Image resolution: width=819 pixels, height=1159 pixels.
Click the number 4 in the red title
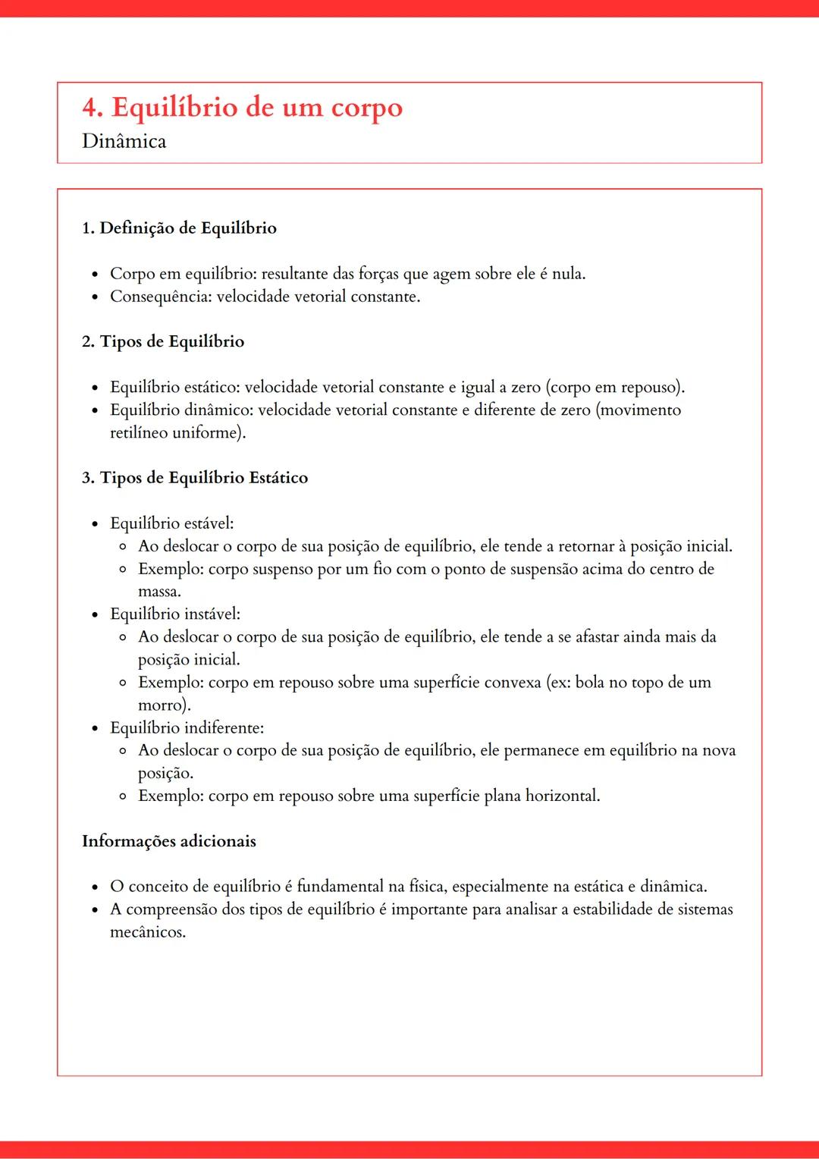tap(91, 108)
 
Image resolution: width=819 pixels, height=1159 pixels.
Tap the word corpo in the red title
tap(366, 109)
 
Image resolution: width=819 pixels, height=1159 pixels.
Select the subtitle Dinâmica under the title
tap(124, 141)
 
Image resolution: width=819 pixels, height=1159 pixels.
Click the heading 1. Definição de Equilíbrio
tap(179, 228)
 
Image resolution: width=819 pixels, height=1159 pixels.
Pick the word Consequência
tap(160, 296)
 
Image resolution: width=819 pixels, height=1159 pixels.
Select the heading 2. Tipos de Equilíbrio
tap(163, 341)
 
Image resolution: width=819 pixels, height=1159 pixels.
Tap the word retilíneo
tap(140, 432)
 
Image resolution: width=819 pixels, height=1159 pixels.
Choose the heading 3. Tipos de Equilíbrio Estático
tap(195, 478)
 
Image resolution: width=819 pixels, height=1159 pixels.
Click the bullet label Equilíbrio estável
tap(171, 523)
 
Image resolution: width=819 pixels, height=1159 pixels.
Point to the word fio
tap(381, 569)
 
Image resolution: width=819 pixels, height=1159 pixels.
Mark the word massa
tap(158, 592)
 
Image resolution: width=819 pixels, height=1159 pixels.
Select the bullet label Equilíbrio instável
tap(174, 614)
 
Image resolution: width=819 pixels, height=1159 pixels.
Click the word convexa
tap(512, 682)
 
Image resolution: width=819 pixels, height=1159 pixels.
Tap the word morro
tap(162, 705)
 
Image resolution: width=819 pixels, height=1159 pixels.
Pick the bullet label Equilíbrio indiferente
tap(187, 727)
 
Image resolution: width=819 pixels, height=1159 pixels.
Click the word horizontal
tap(561, 796)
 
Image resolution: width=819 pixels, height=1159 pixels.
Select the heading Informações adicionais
tap(169, 841)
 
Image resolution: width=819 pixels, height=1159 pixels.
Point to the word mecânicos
tap(147, 932)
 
